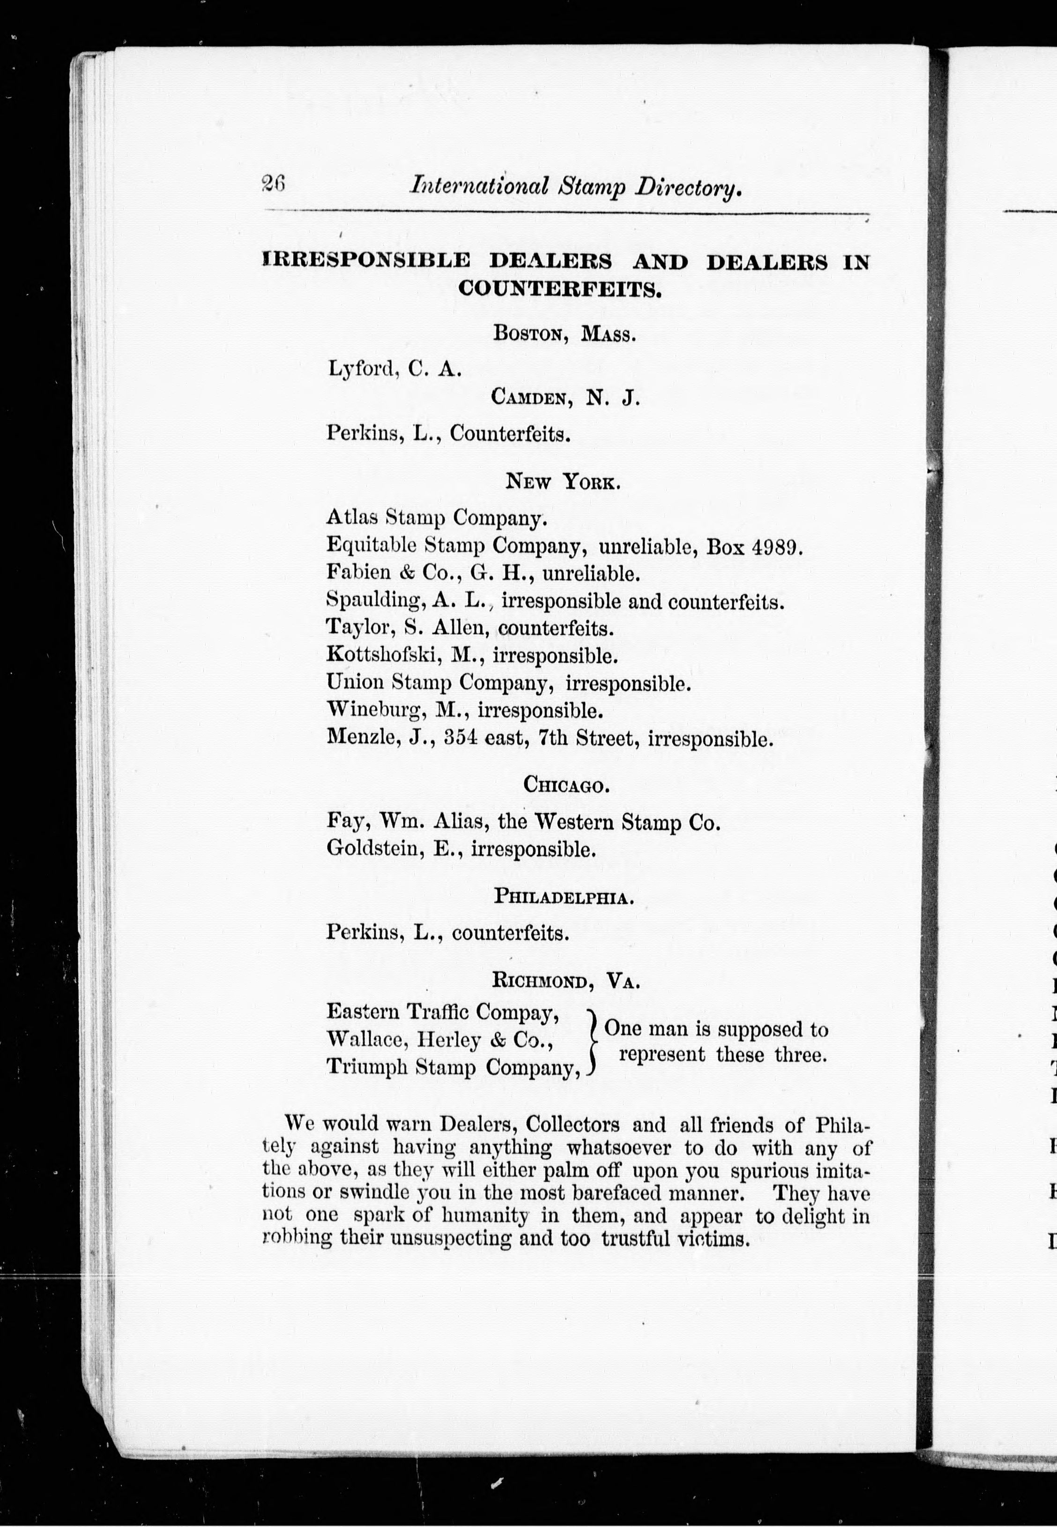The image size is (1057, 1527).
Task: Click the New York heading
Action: point(563,481)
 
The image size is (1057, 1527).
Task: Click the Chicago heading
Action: point(565,786)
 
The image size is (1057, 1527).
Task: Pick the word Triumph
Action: point(367,1068)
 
